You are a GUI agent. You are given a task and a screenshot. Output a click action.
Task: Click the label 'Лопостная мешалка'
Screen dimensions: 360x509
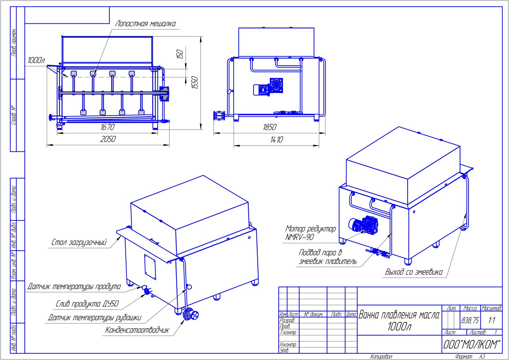pos(145,24)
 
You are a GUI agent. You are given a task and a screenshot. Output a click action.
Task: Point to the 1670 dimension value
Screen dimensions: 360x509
pos(107,127)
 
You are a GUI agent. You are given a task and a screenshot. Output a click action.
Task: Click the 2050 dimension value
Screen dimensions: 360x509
pos(108,139)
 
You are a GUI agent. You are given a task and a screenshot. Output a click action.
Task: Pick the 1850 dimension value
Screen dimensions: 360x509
pos(269,127)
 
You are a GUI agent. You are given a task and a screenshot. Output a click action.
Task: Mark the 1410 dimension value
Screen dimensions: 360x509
pos(277,140)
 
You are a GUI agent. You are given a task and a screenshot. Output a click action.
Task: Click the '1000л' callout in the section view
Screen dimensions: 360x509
pos(36,61)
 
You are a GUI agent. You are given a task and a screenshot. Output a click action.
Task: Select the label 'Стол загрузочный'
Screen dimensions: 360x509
pos(79,242)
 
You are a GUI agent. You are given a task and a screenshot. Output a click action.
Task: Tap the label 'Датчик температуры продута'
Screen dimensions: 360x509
pos(74,287)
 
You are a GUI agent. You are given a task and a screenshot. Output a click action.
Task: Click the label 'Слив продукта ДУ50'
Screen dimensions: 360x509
pos(87,304)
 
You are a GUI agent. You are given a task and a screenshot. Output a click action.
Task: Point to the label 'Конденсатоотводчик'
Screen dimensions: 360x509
pos(137,330)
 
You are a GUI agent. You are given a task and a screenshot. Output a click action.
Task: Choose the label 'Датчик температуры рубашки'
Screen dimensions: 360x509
pos(94,318)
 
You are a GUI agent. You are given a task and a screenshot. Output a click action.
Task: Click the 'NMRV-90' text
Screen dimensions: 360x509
pos(299,237)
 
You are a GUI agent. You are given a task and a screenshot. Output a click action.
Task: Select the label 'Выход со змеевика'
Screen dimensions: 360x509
pos(414,272)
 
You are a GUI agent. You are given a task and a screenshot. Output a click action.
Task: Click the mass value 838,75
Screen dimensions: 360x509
pos(470,321)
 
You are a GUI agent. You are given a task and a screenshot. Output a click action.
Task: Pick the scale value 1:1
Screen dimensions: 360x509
pos(491,321)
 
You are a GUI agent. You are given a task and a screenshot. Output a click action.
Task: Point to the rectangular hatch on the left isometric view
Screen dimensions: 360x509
pos(150,267)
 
